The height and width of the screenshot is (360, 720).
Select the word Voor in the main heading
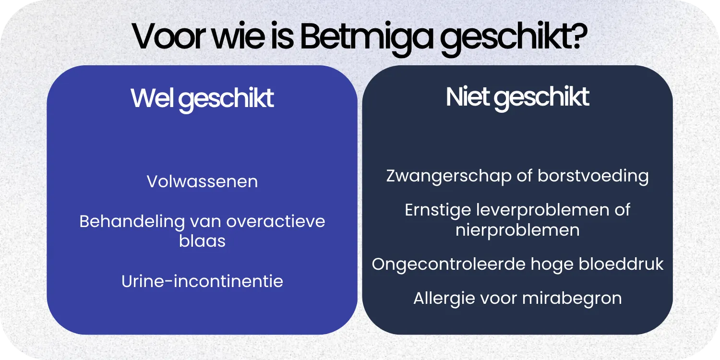tap(169, 36)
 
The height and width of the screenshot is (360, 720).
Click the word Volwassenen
tap(202, 181)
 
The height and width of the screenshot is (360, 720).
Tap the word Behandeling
tap(132, 222)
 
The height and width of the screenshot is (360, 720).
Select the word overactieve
tap(276, 221)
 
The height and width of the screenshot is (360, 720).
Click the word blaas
tap(202, 241)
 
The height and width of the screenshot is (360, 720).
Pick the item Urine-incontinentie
tap(202, 281)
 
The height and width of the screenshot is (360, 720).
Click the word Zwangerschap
tap(449, 177)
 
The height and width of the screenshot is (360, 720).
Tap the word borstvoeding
tap(593, 177)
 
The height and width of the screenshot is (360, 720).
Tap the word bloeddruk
tap(621, 264)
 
